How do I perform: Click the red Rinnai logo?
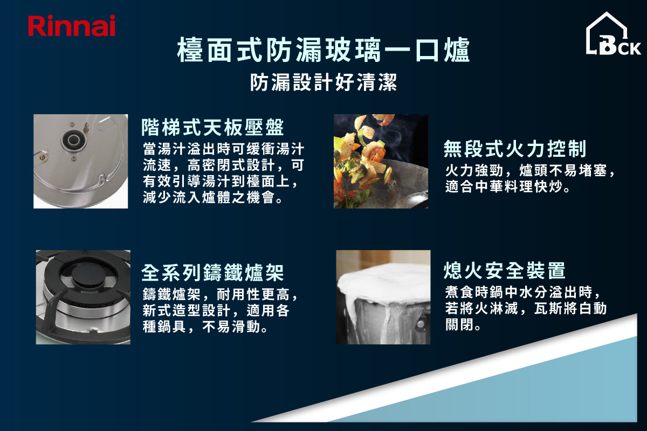pos(72,26)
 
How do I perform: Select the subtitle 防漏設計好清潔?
pos(323,83)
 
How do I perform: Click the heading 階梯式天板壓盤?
pos(212,127)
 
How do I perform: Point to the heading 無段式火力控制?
pos(515,148)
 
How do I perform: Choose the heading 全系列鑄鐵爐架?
pos(212,273)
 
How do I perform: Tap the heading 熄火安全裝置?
pos(504,270)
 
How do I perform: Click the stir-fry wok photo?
pos(381,161)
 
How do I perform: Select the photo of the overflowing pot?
pos(383,297)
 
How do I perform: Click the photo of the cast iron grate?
pos(83,297)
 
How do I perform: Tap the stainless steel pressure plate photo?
pos(81,161)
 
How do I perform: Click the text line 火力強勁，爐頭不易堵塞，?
pos(530,171)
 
